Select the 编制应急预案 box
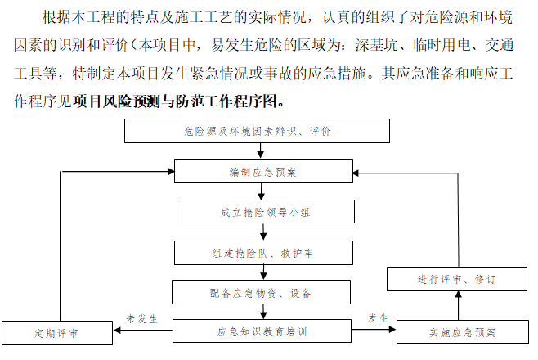click(262, 172)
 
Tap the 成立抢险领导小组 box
click(262, 212)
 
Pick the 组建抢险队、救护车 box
click(262, 253)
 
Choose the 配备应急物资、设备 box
click(262, 292)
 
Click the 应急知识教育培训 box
click(262, 332)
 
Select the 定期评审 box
click(56, 334)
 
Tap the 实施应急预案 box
click(462, 333)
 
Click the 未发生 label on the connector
click(141, 317)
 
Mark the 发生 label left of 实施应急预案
click(377, 317)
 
